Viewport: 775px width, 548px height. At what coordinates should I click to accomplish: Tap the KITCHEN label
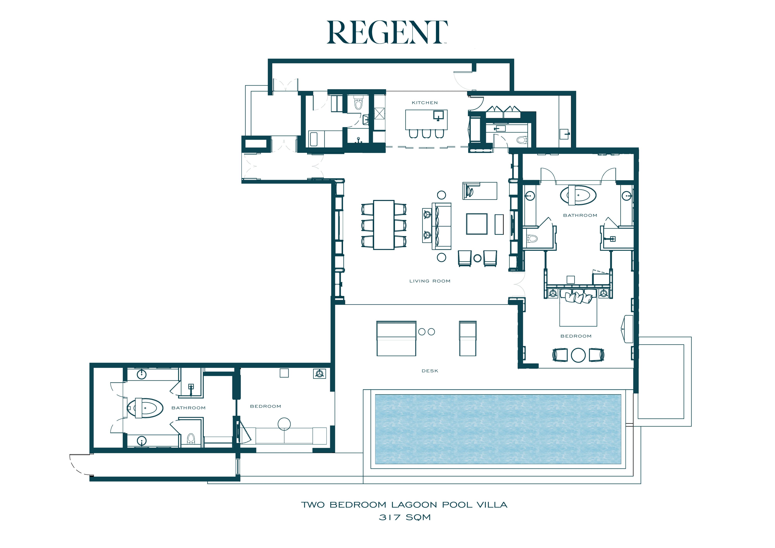[425, 103]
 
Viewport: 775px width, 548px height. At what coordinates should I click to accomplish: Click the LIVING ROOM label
[430, 281]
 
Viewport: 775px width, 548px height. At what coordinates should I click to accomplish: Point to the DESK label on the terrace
[430, 371]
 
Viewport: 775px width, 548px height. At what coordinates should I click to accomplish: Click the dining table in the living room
[384, 225]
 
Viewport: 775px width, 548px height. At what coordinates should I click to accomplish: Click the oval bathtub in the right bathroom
[578, 195]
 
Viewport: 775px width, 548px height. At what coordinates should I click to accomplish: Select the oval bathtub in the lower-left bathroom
[145, 408]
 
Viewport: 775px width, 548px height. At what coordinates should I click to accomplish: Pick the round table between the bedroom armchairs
[578, 355]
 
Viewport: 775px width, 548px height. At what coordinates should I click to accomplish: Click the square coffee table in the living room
[477, 224]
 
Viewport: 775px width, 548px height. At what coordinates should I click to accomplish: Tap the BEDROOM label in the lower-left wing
[265, 406]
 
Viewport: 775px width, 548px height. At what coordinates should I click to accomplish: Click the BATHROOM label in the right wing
[580, 215]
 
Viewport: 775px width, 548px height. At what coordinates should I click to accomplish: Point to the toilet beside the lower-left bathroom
[191, 438]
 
